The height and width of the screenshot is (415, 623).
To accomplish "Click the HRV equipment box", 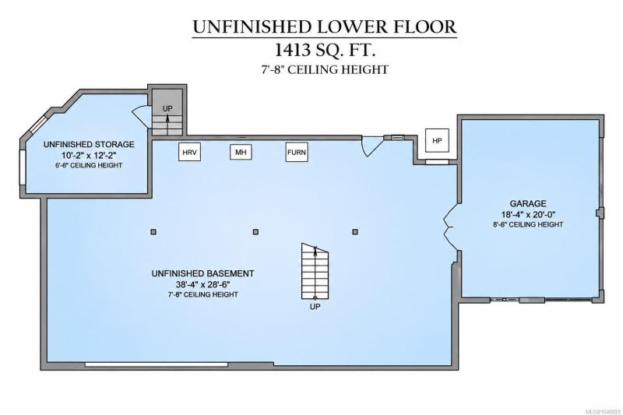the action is (x=189, y=152).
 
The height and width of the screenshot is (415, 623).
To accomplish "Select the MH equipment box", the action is (x=241, y=152).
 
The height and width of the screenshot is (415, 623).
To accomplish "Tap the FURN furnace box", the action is (x=297, y=152).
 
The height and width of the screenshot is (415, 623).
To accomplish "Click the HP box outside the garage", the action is (x=437, y=140).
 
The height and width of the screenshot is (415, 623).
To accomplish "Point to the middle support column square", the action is (x=255, y=231).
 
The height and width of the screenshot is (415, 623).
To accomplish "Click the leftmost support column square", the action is (x=153, y=231).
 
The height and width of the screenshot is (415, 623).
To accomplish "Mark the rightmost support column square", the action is (x=355, y=231).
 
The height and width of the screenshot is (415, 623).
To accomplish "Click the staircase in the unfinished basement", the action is (x=315, y=271).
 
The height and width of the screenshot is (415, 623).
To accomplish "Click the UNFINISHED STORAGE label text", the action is (x=89, y=145).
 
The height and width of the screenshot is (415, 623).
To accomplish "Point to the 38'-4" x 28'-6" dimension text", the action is (x=203, y=284).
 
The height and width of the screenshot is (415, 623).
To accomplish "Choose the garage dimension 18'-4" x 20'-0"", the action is (x=528, y=214).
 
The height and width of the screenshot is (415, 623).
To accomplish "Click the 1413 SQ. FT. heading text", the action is (x=325, y=51).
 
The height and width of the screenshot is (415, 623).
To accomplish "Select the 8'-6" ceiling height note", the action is (x=528, y=224).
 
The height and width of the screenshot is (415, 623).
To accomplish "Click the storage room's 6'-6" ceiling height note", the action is (x=89, y=165).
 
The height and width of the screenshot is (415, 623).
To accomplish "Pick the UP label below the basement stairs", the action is (x=315, y=307).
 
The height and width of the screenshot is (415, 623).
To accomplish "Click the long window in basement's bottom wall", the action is (x=157, y=364).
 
